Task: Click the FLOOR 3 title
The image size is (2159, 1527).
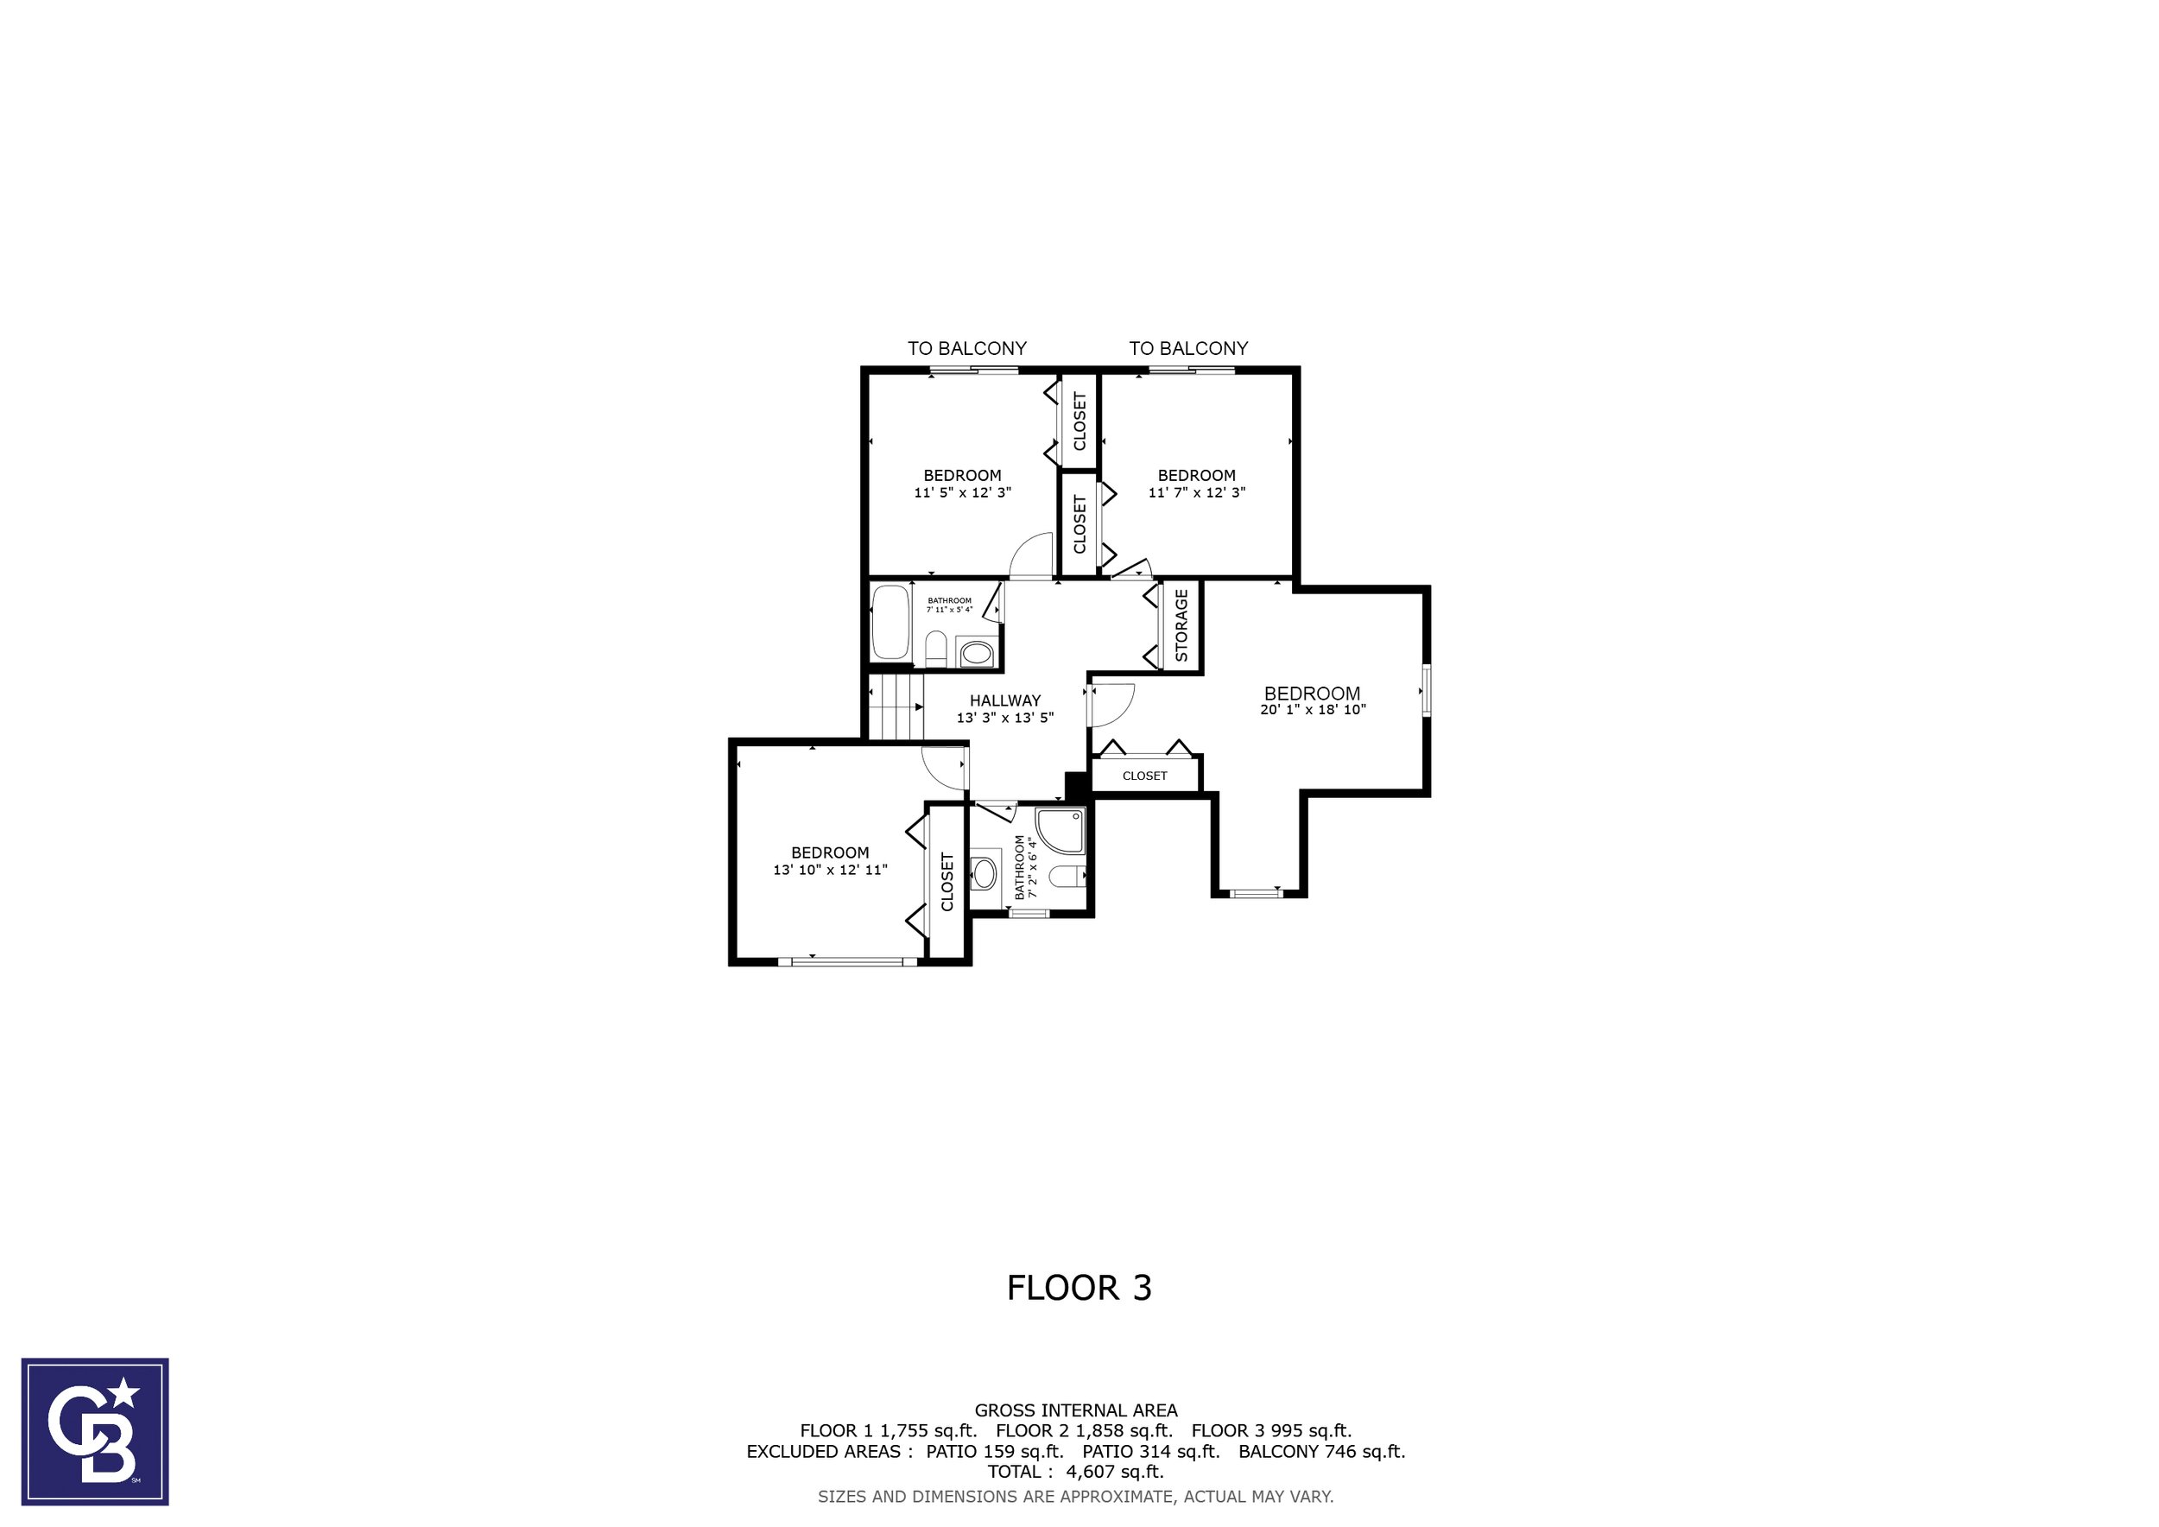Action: coord(1079,1287)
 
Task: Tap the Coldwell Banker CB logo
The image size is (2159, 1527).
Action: coord(95,1432)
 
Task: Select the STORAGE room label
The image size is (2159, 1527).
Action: coord(1181,625)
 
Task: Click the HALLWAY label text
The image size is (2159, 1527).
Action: coord(1005,700)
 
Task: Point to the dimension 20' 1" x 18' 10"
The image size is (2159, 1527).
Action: coord(1313,710)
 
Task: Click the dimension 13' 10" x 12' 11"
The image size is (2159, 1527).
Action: coord(829,870)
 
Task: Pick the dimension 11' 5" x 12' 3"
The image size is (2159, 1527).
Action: coord(962,491)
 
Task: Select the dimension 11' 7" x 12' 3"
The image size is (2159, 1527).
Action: coord(1196,491)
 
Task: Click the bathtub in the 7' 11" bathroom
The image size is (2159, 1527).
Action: coord(890,623)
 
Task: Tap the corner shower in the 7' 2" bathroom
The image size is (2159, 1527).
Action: coord(1061,829)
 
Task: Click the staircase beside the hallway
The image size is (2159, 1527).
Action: coord(894,707)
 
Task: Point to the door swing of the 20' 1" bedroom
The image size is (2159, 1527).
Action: coord(1112,704)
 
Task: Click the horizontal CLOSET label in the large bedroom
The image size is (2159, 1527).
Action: coord(1144,776)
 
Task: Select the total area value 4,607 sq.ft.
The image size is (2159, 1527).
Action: coord(1114,1472)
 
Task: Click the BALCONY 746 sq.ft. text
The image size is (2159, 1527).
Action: coord(1321,1451)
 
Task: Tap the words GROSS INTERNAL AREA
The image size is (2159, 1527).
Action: coord(1076,1410)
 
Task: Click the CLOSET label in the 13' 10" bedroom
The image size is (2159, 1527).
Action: coord(947,882)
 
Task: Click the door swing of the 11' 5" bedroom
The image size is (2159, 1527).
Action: coord(1030,554)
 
